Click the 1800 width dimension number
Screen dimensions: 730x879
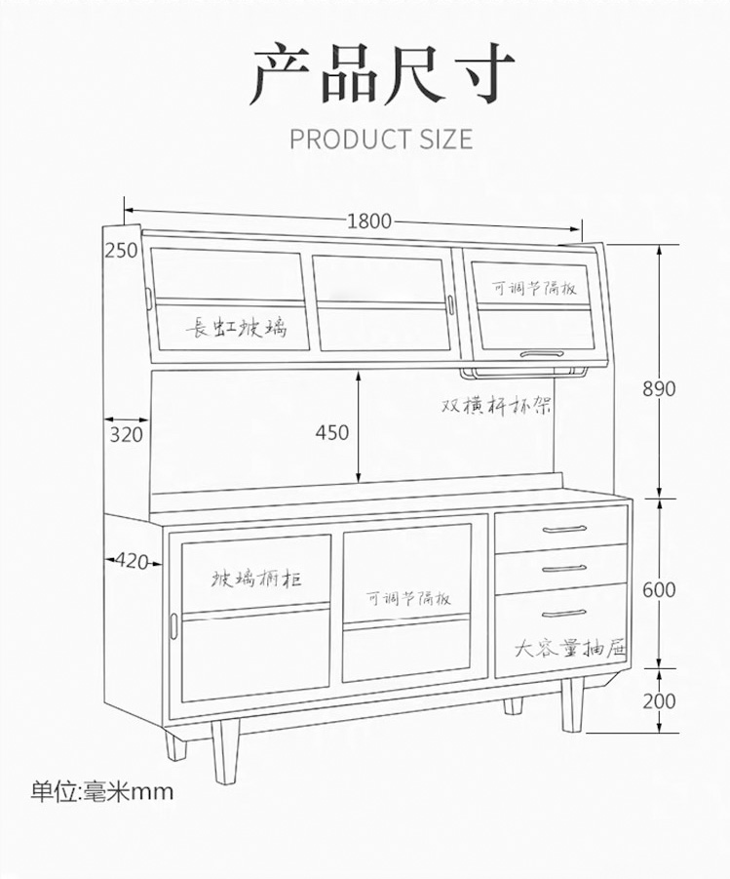tap(369, 221)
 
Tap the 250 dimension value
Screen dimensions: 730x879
tap(121, 251)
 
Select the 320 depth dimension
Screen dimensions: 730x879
tap(126, 433)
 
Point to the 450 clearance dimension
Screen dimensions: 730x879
tap(332, 432)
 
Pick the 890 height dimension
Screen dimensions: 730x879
tap(659, 388)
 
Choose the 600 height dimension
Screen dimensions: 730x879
tap(659, 590)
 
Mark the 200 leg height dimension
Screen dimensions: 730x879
tap(659, 700)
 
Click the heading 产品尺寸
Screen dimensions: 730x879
tap(381, 75)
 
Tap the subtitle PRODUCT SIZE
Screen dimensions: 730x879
tap(381, 139)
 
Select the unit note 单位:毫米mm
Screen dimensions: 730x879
tap(101, 790)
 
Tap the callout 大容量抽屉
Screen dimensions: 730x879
tap(570, 648)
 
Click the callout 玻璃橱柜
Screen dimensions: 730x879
tap(257, 579)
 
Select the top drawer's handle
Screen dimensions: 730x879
tap(565, 530)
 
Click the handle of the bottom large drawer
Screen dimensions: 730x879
tap(565, 614)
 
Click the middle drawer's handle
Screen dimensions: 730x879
tap(565, 568)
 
